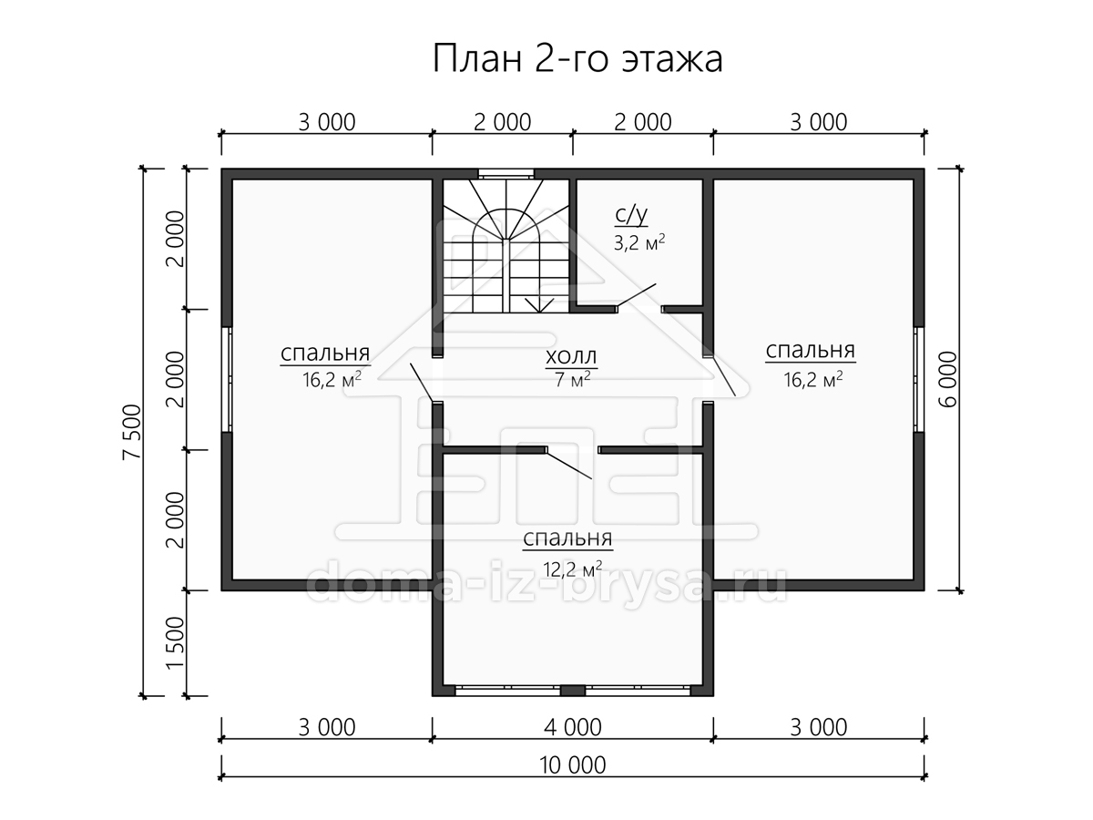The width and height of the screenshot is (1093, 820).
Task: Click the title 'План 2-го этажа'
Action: tap(577, 58)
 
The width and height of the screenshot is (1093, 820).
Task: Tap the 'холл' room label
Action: tap(571, 356)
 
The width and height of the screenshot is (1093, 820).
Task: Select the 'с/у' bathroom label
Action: tap(631, 215)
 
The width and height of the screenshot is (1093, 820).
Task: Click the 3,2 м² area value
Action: tap(639, 242)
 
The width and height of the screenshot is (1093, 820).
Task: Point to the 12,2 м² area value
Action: tap(572, 569)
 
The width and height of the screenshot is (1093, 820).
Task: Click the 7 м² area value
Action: tap(573, 380)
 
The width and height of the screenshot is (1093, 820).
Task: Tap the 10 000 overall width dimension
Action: tap(573, 765)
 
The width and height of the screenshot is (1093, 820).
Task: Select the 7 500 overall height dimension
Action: tap(132, 432)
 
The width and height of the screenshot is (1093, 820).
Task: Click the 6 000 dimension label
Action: tap(948, 379)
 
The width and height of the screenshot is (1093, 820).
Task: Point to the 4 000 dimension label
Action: tap(573, 727)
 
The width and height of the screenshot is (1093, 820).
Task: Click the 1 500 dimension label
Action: tap(175, 643)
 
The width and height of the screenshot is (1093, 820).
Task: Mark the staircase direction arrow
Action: tap(539, 304)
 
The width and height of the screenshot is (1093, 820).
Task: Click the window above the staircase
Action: tap(506, 174)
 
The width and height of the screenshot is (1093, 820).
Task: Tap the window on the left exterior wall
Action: tap(227, 379)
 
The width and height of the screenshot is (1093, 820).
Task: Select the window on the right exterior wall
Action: tap(919, 379)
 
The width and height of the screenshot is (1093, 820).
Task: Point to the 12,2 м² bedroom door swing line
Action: tap(569, 465)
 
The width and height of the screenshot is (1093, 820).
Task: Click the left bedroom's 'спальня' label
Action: tap(325, 354)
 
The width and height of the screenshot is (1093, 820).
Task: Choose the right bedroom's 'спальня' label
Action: tap(810, 351)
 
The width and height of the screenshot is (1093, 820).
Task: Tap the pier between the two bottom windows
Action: tap(573, 691)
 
